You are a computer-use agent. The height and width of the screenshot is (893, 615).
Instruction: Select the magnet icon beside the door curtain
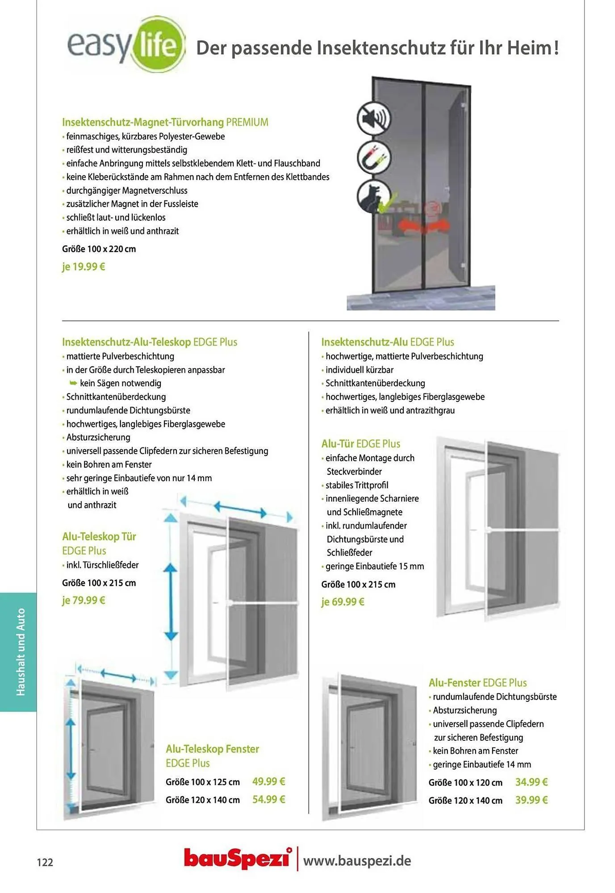[374, 157]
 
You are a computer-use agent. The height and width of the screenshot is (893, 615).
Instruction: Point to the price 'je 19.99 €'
[84, 267]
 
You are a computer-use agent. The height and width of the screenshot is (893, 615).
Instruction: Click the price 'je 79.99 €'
[84, 600]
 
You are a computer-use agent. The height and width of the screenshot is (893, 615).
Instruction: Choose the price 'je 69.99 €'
[343, 602]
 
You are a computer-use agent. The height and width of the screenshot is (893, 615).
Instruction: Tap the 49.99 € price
[268, 781]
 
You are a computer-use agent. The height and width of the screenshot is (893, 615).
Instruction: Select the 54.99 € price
[268, 799]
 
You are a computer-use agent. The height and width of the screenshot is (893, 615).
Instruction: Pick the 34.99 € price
[531, 782]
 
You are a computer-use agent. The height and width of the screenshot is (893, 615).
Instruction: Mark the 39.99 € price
[531, 800]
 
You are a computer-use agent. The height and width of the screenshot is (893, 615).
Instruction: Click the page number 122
[45, 862]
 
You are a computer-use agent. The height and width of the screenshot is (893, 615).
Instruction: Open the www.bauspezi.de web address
[357, 860]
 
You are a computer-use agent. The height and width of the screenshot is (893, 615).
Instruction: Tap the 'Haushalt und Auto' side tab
[20, 652]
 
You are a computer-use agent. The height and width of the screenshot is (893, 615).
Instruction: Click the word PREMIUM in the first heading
[247, 122]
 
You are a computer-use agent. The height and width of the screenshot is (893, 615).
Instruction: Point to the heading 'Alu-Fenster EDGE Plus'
[477, 683]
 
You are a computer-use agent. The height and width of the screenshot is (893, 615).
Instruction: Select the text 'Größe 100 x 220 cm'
[99, 249]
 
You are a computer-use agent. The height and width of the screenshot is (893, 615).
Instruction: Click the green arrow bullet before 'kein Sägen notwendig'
[73, 383]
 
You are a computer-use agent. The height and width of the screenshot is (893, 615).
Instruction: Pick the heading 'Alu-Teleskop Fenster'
[212, 749]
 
